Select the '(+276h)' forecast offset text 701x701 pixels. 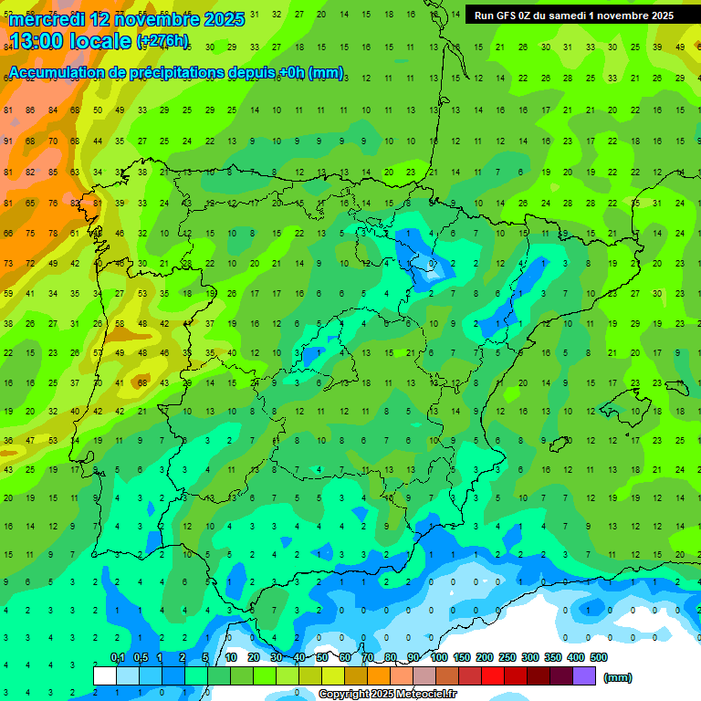(162, 41)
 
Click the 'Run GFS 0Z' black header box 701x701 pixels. (573, 16)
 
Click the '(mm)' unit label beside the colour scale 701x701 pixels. (618, 677)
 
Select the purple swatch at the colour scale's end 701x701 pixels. (584, 675)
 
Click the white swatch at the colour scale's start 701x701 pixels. (105, 675)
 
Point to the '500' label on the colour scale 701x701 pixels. (598, 657)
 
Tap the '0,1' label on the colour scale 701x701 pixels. (118, 657)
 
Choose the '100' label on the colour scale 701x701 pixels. (439, 657)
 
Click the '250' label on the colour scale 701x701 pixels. (507, 657)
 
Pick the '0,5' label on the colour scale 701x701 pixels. (141, 657)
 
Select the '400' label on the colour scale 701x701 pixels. (575, 657)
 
